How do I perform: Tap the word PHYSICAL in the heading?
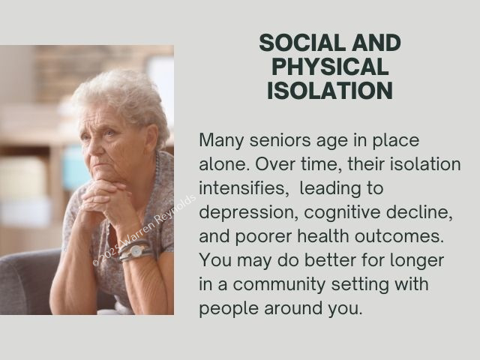tap(330, 67)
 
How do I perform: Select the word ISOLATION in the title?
tap(330, 90)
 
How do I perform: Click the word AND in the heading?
tap(376, 43)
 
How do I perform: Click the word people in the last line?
tap(229, 309)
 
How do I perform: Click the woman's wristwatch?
tap(135, 251)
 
